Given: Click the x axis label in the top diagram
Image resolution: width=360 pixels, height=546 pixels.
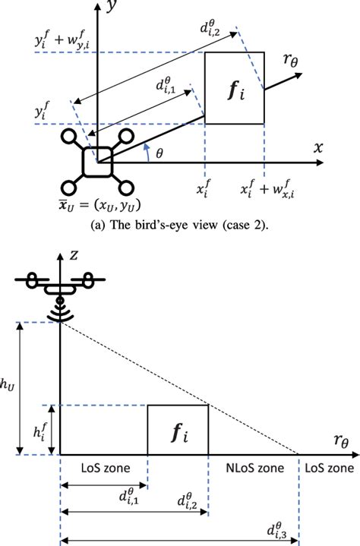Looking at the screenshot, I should coord(317,147).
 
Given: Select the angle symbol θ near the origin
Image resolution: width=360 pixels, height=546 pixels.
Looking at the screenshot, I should coord(158,153).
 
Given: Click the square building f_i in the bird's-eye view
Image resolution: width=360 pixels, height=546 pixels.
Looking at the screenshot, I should coord(235,87).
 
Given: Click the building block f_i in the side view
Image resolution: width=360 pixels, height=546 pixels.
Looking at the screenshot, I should coord(177,431).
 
